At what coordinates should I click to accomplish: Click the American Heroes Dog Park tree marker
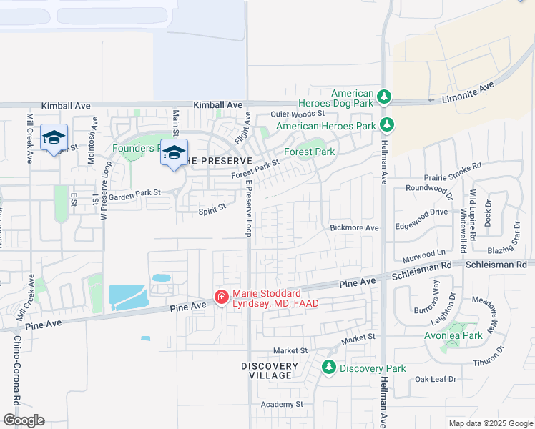(384, 97)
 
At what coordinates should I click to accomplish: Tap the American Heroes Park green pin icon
(386, 125)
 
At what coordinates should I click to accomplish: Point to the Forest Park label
(309, 152)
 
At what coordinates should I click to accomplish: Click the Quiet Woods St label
(297, 114)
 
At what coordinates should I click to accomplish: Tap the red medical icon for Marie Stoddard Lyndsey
(222, 297)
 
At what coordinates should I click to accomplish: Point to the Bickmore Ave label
(354, 227)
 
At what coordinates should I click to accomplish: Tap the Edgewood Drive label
(422, 212)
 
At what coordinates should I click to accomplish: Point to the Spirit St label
(212, 207)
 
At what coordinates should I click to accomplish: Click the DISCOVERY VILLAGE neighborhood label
(266, 370)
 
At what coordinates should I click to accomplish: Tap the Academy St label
(282, 404)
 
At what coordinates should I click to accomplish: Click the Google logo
(24, 420)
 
